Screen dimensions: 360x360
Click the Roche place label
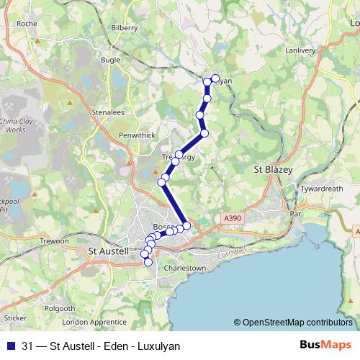[27, 23]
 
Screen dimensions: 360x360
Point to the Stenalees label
[109, 112]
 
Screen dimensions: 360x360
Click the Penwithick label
[137, 135]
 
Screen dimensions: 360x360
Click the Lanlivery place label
[300, 50]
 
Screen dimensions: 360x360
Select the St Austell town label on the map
[107, 251]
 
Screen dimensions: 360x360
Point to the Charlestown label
[186, 268]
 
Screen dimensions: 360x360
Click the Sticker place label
[15, 316]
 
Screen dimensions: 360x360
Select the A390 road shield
[233, 217]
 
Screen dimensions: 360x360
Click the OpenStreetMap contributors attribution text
[297, 323]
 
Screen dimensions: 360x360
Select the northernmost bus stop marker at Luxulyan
[215, 78]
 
